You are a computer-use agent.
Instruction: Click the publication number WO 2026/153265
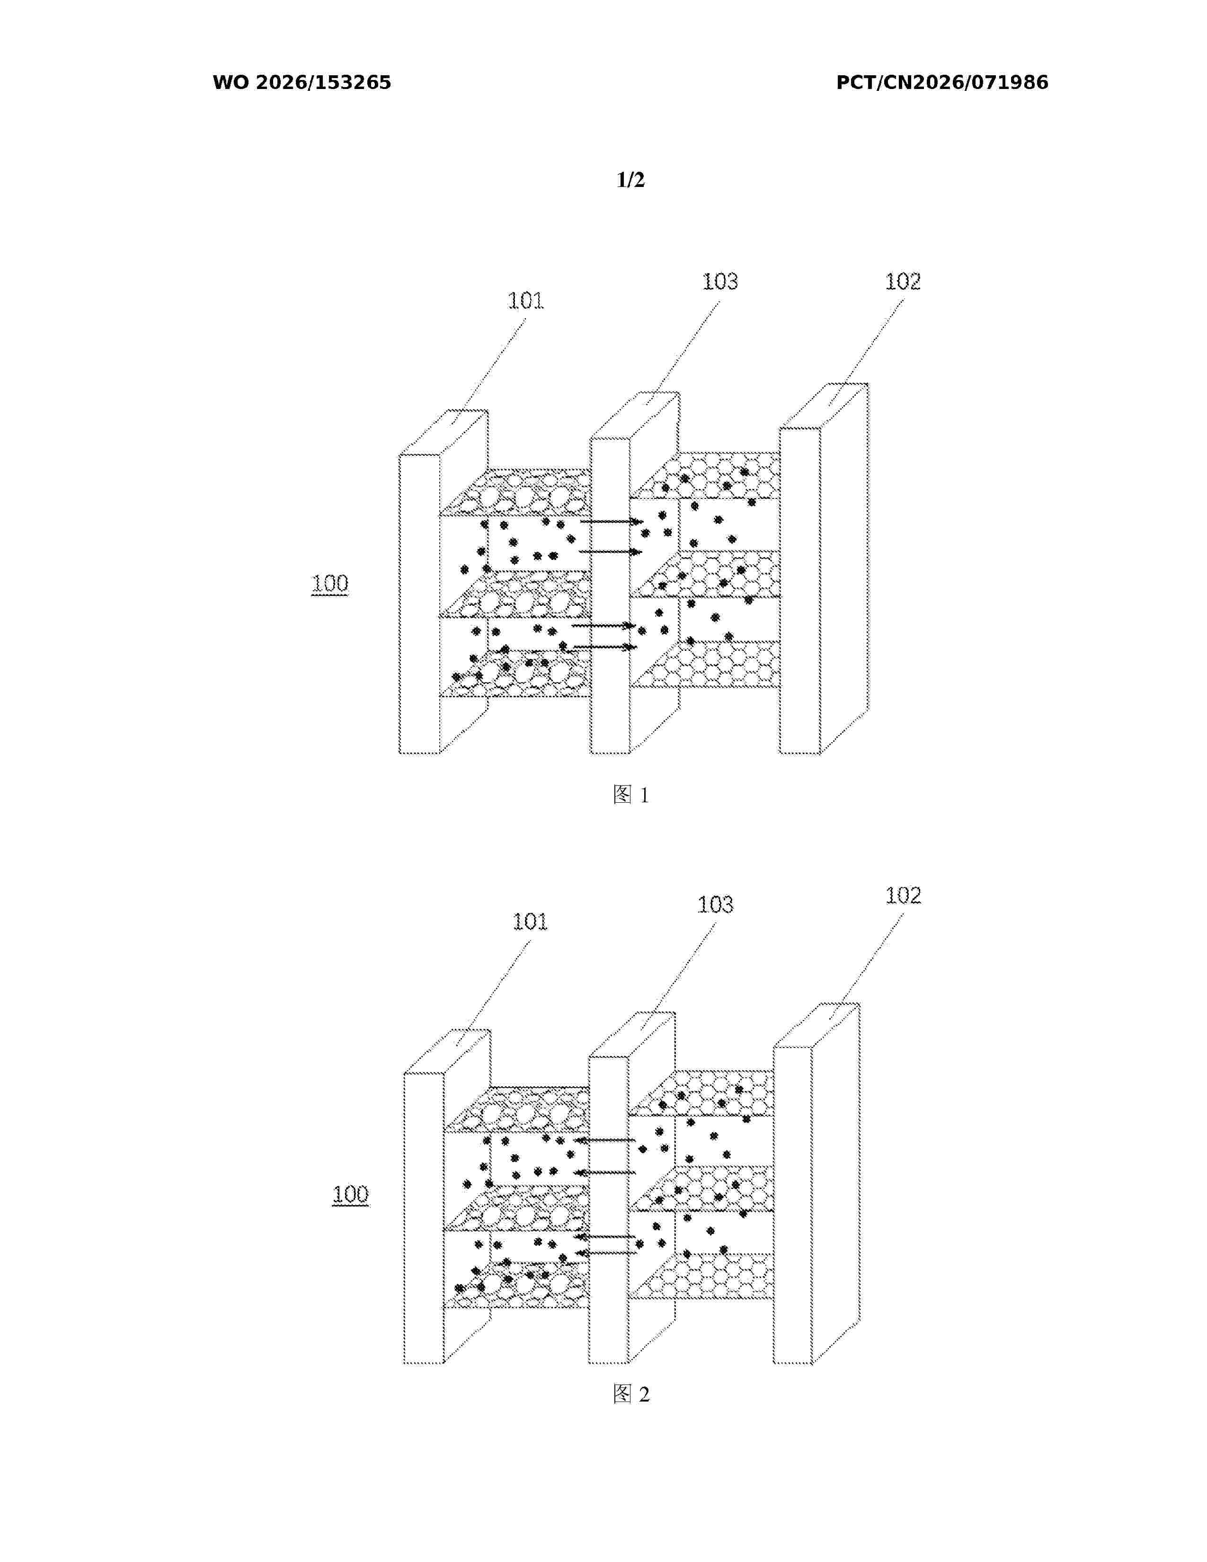coord(302,83)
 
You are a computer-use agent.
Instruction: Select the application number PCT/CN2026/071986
coord(942,83)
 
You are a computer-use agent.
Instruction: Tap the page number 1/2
coord(630,179)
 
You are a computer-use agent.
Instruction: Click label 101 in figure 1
coord(525,301)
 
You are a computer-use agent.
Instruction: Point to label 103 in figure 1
coord(719,282)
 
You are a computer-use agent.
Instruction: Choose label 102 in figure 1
coord(902,282)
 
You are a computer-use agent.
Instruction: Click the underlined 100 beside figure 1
coord(329,584)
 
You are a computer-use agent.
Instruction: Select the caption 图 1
coord(630,795)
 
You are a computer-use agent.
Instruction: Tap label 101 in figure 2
coord(530,921)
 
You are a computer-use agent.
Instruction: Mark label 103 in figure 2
coord(715,905)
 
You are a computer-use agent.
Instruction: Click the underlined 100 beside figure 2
coord(350,1194)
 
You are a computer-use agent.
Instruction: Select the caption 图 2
coord(630,1394)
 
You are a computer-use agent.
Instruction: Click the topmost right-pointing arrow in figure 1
coord(612,522)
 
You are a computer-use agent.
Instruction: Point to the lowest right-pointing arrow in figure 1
coord(606,647)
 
